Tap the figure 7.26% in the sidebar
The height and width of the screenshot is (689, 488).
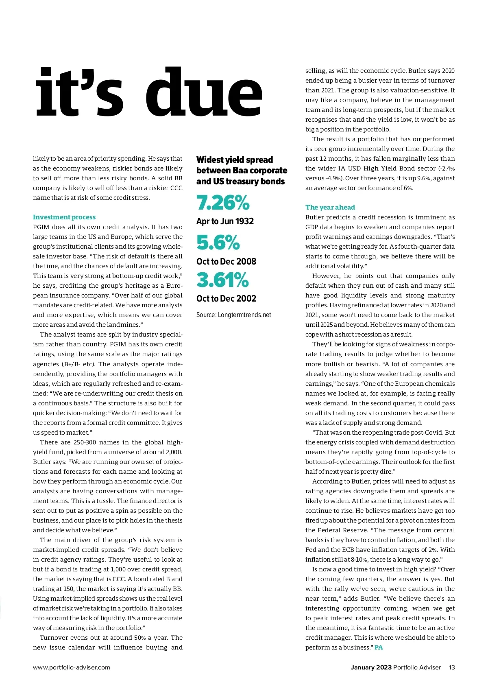click(223, 202)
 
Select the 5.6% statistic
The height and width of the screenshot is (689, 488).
click(218, 243)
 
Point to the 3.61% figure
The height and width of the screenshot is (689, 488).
click(222, 280)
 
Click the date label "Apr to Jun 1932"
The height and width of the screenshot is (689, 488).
click(225, 221)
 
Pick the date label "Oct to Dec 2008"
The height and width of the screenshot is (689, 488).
click(226, 262)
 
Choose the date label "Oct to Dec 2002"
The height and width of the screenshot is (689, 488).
click(226, 299)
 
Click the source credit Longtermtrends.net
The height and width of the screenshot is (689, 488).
click(244, 315)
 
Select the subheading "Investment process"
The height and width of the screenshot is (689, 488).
click(64, 217)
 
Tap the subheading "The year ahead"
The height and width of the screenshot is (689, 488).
click(330, 208)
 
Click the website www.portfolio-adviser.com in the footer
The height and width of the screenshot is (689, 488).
click(72, 667)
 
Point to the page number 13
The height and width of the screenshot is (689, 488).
click(452, 667)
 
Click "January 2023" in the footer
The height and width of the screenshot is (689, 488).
click(371, 667)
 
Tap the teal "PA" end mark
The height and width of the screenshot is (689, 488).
click(379, 647)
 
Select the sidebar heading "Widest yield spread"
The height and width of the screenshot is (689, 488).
click(235, 160)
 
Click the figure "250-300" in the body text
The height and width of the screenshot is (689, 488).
click(85, 442)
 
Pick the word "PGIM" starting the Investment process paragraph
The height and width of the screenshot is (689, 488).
click(41, 227)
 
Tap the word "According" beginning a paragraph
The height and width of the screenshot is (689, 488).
click(327, 481)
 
